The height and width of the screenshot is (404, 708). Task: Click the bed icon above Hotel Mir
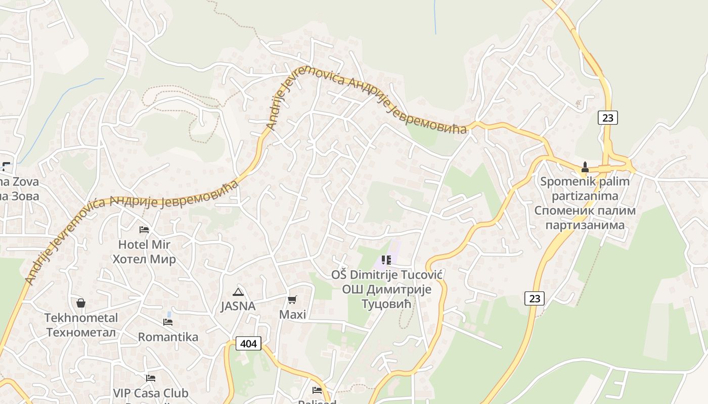[x=144, y=229]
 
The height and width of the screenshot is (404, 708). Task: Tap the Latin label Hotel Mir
[x=144, y=244]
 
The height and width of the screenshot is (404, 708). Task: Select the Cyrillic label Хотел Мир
[x=144, y=260]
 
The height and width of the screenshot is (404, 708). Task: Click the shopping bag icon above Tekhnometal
[x=80, y=303]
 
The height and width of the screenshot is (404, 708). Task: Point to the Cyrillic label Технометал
[x=81, y=333]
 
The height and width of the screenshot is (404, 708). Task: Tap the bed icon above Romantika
[x=168, y=322]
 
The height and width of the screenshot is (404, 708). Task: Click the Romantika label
[x=168, y=337]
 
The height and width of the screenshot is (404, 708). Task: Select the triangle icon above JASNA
[x=238, y=292]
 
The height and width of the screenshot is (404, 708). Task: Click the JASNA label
[x=238, y=306]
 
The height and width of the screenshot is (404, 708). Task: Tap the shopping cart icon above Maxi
[x=292, y=300]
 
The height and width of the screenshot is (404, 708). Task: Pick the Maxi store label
[x=293, y=315]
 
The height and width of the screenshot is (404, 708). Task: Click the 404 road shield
[x=248, y=344]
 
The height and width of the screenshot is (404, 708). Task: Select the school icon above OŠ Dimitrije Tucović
[x=386, y=260]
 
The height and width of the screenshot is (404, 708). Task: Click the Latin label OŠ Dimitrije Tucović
[x=387, y=275]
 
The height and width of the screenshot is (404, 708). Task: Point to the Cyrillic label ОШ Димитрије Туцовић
[x=387, y=297]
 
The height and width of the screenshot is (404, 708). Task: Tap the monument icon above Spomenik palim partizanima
[x=585, y=167]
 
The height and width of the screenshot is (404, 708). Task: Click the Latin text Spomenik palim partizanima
[x=585, y=189]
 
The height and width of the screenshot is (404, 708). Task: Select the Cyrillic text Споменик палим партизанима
[x=585, y=218]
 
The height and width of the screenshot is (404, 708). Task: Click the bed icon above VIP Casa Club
[x=150, y=378]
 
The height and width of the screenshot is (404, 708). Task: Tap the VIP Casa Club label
[x=150, y=393]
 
